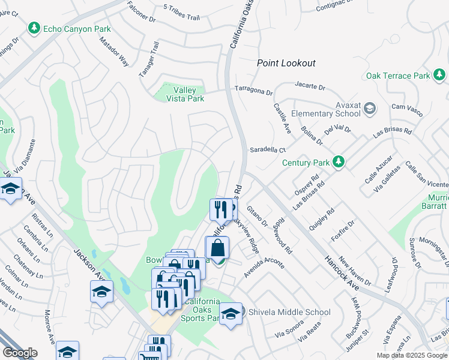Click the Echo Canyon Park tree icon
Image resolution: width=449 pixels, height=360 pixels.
(x=34, y=28)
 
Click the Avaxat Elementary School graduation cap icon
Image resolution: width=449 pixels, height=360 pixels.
(x=370, y=109)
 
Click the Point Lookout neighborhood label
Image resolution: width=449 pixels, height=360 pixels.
(x=286, y=63)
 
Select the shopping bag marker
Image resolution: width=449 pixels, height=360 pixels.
(x=217, y=248)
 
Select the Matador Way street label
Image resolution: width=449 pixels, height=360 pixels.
(x=115, y=52)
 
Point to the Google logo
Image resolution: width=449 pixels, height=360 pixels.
(x=20, y=353)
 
